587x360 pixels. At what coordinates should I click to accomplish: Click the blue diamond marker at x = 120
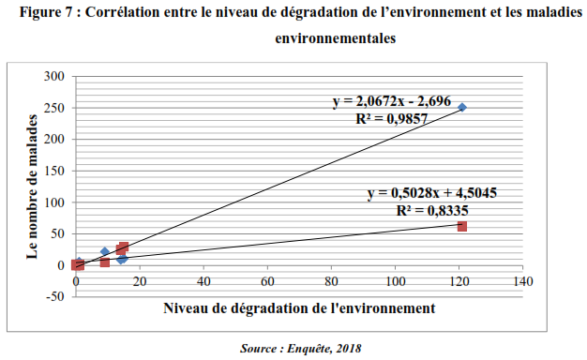pos(462,108)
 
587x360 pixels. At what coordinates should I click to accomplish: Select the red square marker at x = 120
pos(462,226)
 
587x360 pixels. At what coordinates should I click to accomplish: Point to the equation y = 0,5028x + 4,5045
pos(431,193)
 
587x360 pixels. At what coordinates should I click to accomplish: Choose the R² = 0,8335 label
pos(432,210)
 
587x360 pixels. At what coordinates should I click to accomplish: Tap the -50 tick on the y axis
pos(54,296)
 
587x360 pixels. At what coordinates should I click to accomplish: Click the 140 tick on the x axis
pos(523,281)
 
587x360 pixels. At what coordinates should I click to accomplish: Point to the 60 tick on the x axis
pos(267,281)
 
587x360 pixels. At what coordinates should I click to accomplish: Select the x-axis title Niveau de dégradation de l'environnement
pos(298,307)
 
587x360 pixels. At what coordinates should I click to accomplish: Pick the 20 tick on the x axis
pos(140,281)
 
